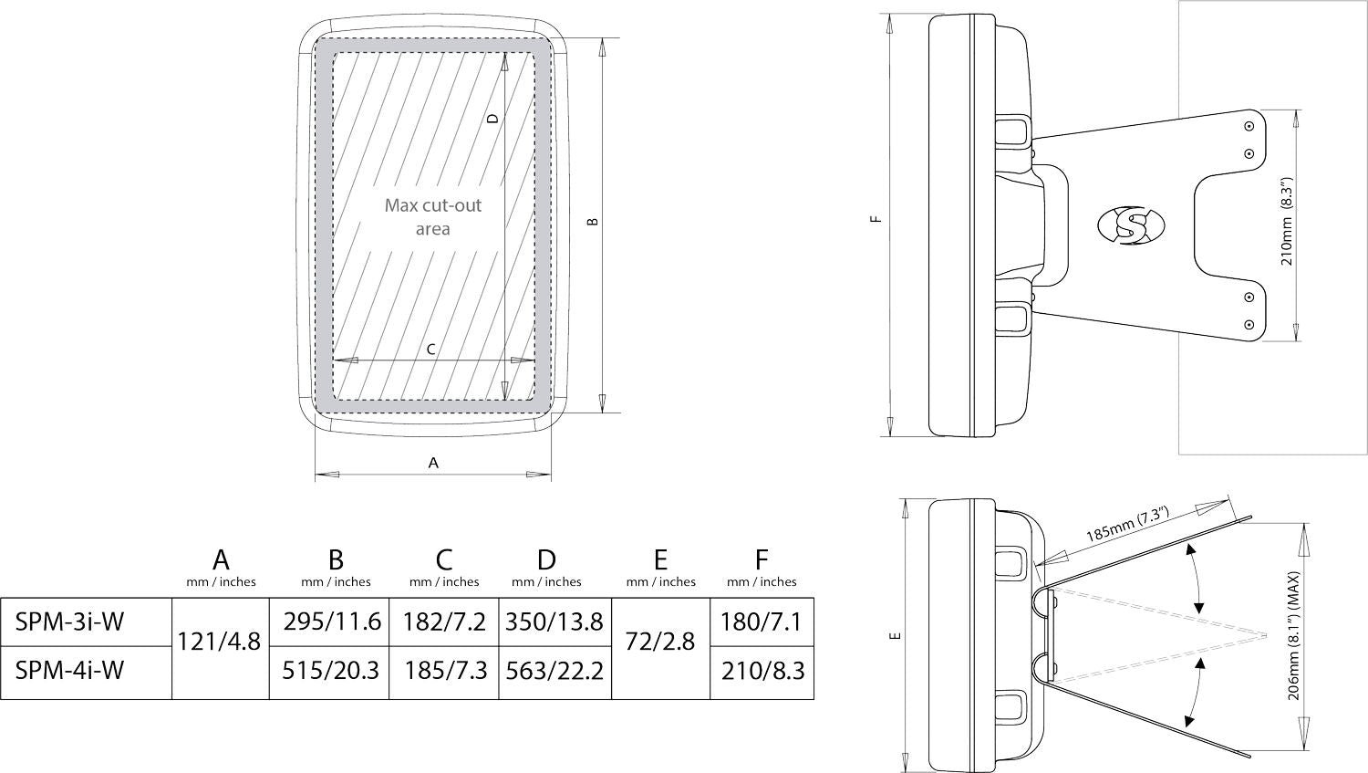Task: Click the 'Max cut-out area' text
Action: coord(433,217)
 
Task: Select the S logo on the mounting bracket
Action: coord(1131,225)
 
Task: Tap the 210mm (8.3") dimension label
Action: coord(1287,222)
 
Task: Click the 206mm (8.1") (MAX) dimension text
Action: coord(1294,635)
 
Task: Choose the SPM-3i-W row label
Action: coord(69,622)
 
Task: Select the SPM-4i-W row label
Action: coord(69,671)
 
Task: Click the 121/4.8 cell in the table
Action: coord(219,642)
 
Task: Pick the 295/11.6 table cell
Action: coord(332,622)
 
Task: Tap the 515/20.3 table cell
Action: coord(330,671)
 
